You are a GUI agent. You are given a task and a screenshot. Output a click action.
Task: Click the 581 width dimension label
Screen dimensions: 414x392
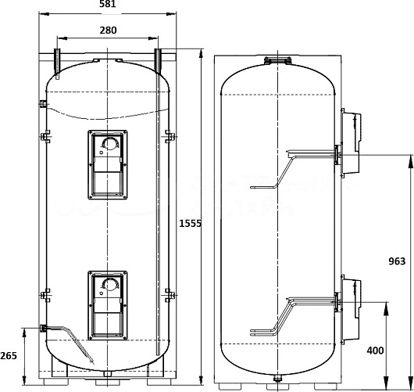108,4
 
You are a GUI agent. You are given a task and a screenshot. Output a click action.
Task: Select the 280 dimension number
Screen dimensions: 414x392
108,31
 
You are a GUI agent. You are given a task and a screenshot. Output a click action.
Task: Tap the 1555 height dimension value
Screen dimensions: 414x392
190,224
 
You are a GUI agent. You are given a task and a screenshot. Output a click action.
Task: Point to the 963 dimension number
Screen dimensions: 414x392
397,261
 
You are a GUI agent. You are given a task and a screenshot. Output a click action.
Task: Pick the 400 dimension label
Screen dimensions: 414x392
375,351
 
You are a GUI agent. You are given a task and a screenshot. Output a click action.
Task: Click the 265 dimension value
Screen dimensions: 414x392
9,356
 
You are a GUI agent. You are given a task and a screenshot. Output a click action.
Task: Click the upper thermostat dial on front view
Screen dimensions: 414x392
110,144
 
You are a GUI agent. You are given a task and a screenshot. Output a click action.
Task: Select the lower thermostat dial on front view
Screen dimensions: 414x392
110,284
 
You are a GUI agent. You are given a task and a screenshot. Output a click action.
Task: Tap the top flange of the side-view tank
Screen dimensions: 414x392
278,60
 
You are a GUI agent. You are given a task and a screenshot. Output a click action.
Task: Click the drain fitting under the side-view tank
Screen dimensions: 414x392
277,379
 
